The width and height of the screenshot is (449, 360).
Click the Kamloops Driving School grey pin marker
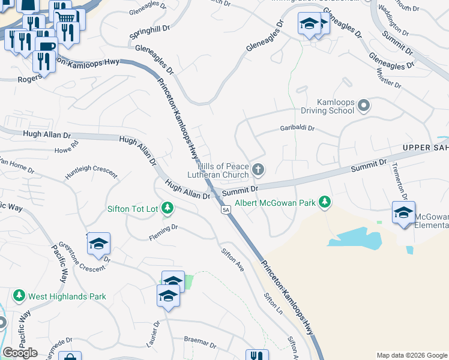(x=363, y=107)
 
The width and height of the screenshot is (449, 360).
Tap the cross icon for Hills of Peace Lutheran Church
(x=258, y=170)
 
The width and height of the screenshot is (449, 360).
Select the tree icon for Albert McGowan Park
(x=325, y=202)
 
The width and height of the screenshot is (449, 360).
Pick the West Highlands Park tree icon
(x=19, y=296)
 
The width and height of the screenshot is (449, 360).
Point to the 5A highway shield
(x=226, y=210)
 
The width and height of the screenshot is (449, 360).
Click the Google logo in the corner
(x=20, y=353)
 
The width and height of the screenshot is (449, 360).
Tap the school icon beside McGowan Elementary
(x=403, y=212)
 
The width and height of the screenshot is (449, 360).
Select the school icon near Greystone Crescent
(x=98, y=244)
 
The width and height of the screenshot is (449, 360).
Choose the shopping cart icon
(x=67, y=17)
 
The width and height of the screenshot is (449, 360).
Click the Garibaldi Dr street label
(x=297, y=128)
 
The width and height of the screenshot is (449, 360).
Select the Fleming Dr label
(x=164, y=233)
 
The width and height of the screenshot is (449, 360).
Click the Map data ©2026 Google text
(x=412, y=355)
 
